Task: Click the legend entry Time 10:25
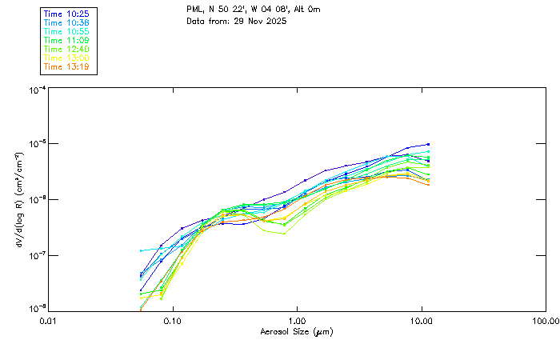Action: click(x=66, y=14)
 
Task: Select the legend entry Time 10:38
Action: click(x=66, y=22)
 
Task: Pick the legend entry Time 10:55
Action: click(x=66, y=31)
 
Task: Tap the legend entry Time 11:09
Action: click(x=66, y=40)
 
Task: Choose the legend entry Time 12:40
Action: click(x=66, y=49)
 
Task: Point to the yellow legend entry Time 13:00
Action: click(x=66, y=58)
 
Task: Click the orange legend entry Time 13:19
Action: click(x=66, y=66)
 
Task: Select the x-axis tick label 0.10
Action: click(x=172, y=321)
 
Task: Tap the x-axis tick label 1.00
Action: click(x=297, y=321)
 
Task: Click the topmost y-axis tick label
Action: click(x=37, y=89)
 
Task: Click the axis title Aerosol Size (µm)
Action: click(x=296, y=331)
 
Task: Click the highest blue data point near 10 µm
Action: click(x=429, y=145)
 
